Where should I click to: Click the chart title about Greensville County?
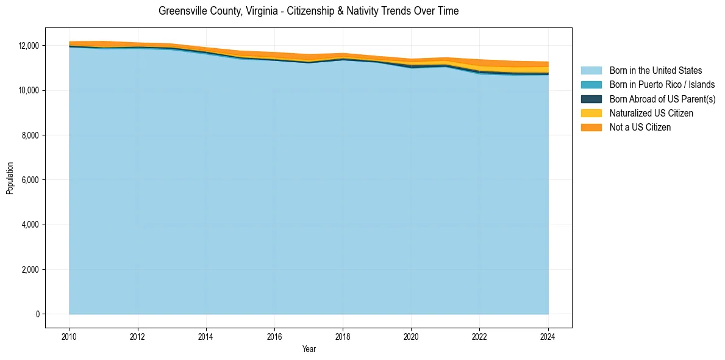[309, 11]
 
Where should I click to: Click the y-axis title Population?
[10, 178]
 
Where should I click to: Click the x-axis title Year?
[309, 349]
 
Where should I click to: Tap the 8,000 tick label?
[29, 135]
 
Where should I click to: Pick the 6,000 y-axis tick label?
[29, 180]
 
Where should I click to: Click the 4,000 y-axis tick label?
[29, 225]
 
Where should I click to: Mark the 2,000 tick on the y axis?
[29, 270]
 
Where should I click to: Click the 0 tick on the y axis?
[37, 314]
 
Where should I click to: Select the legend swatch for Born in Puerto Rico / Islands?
[591, 85]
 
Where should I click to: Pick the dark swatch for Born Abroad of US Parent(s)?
[591, 99]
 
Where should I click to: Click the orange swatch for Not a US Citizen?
[591, 128]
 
